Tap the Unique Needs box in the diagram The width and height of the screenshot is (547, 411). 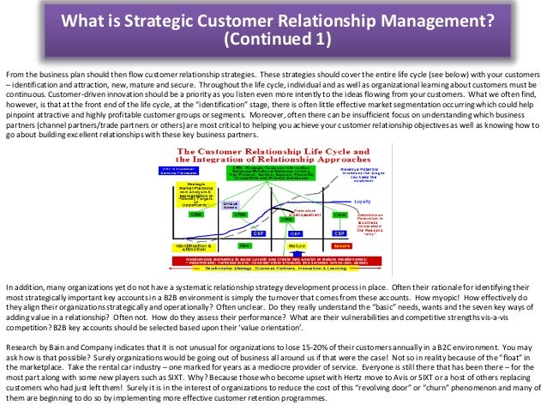[x=231, y=204]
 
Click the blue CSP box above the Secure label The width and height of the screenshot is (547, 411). [x=340, y=233]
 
